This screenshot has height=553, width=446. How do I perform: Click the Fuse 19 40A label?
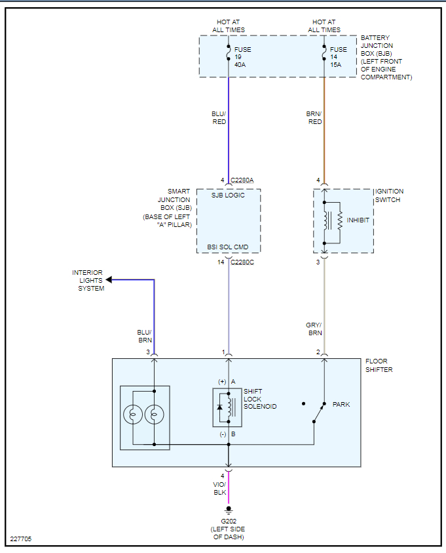[242, 57]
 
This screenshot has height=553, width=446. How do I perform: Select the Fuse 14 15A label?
[339, 57]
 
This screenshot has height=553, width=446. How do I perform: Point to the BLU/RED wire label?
[218, 117]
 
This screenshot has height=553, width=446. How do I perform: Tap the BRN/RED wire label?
[314, 117]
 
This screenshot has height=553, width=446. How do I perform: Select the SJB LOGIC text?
[228, 195]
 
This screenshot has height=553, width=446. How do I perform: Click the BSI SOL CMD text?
[228, 247]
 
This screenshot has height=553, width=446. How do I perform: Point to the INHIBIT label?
[358, 220]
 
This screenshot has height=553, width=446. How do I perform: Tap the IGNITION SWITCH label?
[390, 195]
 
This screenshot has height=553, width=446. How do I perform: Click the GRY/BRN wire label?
[314, 329]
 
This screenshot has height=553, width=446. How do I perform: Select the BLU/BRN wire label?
[144, 336]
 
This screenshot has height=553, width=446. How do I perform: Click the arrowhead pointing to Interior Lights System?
[109, 280]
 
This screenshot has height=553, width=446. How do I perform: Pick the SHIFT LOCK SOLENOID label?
[260, 399]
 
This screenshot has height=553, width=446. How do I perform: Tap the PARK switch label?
[341, 405]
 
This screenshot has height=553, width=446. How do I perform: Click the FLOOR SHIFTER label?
[379, 365]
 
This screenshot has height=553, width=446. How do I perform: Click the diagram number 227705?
[21, 539]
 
